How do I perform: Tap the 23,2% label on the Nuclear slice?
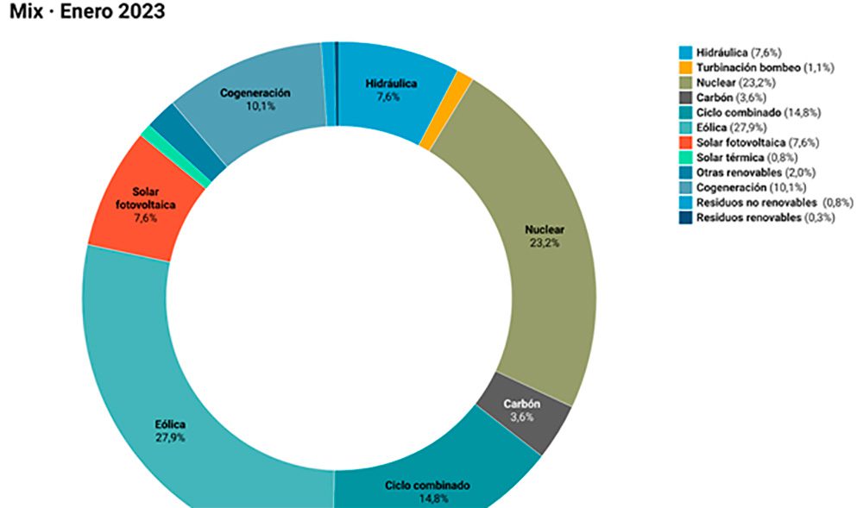[x=545, y=243]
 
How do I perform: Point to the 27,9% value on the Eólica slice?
[x=170, y=438]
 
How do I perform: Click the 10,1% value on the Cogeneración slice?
[x=254, y=107]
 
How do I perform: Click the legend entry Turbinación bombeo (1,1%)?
[x=756, y=67]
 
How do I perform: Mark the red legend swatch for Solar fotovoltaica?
[x=686, y=142]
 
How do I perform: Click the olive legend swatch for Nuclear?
[x=686, y=82]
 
